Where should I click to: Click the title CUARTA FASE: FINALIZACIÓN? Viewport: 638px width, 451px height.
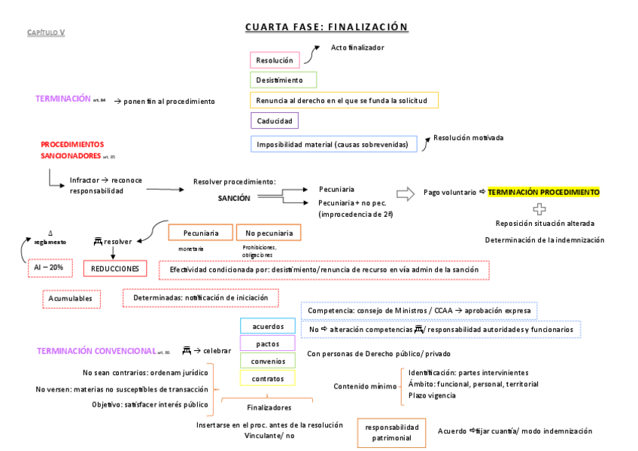pos(327,28)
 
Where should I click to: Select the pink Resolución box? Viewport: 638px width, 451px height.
pos(275,60)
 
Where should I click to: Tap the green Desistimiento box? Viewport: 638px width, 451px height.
pos(283,80)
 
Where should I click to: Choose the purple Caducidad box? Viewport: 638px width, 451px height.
pos(274,120)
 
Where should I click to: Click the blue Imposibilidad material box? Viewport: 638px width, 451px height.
pos(333,145)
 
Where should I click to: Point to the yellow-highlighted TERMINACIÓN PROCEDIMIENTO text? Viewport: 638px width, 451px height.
pos(543,193)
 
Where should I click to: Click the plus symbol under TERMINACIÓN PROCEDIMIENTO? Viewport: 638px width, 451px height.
pos(539,209)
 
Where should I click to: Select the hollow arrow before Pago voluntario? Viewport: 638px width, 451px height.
pos(406,194)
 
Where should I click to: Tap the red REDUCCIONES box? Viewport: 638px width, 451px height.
pos(115,268)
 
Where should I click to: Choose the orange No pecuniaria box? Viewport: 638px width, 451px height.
pos(269,233)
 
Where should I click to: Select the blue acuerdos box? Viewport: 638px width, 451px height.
pos(268,327)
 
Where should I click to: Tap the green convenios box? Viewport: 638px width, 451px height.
pos(268,361)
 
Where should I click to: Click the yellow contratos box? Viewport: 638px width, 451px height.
pos(268,379)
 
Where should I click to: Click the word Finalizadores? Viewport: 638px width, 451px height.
pos(269,407)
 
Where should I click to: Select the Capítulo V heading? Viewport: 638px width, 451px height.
pos(47,32)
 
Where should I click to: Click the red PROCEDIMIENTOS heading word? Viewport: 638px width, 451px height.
pos(72,144)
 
